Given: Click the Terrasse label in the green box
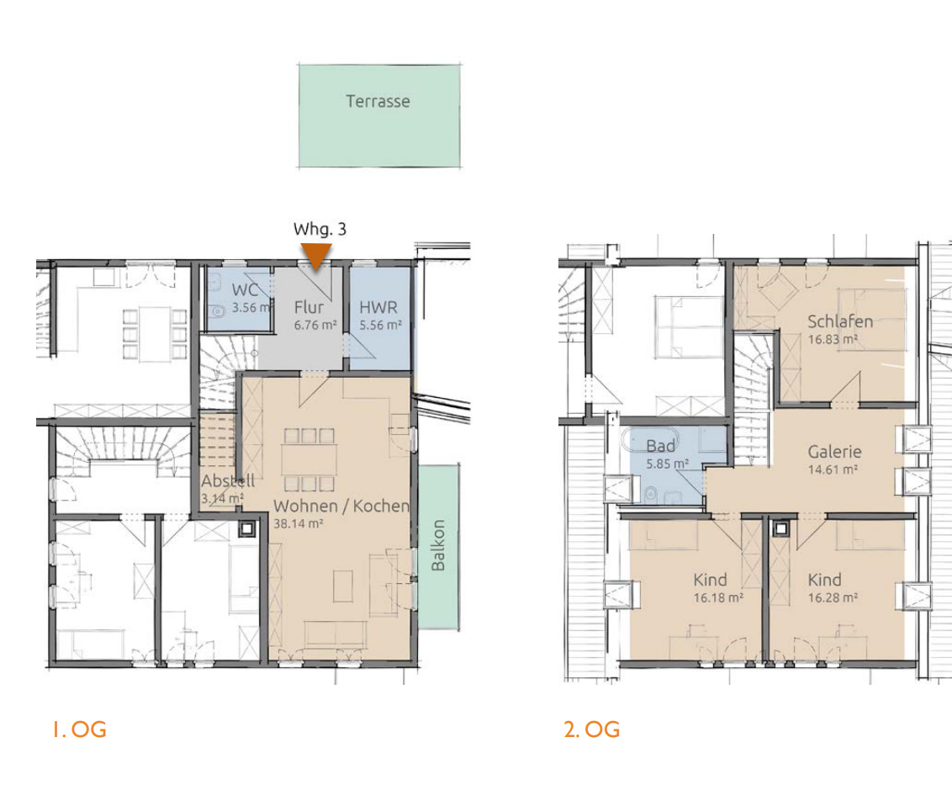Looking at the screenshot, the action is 378,101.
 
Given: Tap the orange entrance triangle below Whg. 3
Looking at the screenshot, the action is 315,255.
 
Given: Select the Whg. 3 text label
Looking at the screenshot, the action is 320,229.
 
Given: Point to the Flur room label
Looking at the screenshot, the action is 309,307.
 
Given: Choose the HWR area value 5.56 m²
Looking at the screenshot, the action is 380,325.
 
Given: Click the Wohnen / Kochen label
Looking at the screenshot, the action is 341,506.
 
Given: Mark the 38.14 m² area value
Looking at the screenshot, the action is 298,523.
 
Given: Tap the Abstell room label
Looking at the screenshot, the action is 228,481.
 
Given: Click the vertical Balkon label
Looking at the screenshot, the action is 438,545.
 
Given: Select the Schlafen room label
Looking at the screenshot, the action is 839,321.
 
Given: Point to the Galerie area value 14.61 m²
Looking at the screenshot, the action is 833,469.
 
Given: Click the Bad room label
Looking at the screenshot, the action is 660,446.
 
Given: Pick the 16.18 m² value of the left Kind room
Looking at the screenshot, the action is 718,597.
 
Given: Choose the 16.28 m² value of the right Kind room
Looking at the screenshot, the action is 833,597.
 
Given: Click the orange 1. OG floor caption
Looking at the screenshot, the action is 79,729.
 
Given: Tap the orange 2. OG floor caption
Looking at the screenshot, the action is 592,729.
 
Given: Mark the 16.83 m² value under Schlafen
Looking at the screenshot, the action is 833,339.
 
